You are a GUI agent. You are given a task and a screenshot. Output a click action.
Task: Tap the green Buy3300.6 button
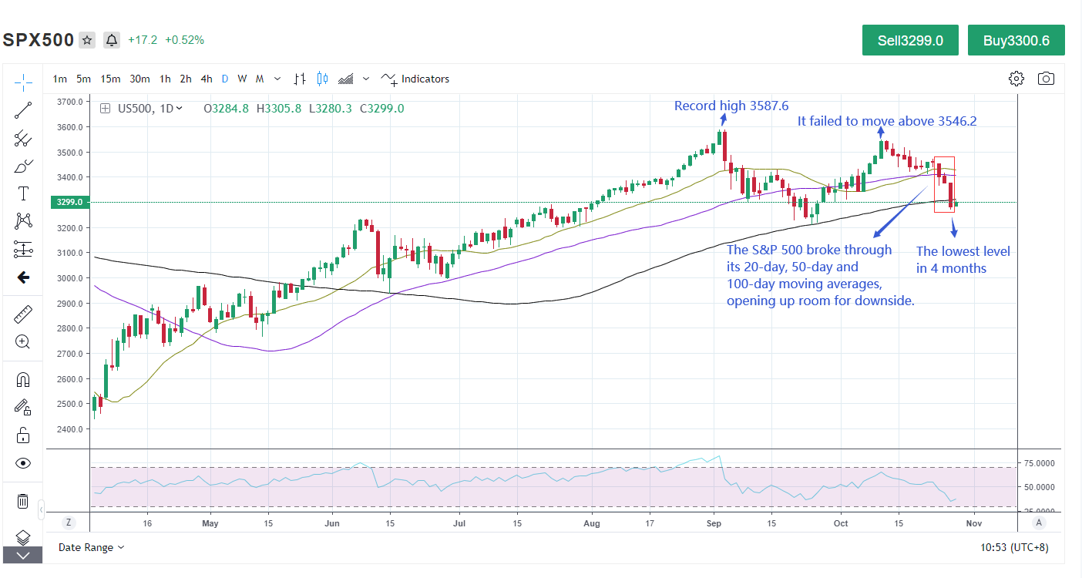click(1016, 41)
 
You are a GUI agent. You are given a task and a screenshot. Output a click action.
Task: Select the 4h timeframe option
click(207, 79)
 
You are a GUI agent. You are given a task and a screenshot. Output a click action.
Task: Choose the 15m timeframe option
click(110, 79)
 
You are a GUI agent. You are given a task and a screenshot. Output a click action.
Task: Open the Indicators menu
click(416, 79)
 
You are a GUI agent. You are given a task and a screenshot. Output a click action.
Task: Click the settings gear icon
click(1016, 79)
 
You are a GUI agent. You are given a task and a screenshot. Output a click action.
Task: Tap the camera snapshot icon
click(1046, 79)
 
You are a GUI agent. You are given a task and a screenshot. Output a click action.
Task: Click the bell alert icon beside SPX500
click(112, 40)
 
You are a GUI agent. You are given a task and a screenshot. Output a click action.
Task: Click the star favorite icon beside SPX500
click(87, 40)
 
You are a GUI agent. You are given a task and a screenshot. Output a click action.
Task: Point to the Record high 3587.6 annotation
click(731, 106)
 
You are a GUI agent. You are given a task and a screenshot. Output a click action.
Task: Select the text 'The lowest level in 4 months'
click(963, 260)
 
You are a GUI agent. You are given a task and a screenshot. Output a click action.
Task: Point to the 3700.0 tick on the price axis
click(69, 102)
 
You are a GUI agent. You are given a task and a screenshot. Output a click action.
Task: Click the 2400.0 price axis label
click(69, 429)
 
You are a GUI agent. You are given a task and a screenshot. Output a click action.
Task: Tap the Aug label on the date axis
click(592, 523)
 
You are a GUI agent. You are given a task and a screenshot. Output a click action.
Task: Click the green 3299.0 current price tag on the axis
click(69, 203)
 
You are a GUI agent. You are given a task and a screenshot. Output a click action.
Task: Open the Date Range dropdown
click(91, 547)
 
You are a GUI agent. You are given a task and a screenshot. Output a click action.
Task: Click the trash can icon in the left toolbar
click(23, 502)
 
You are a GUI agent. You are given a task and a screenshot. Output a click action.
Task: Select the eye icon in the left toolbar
click(23, 463)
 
